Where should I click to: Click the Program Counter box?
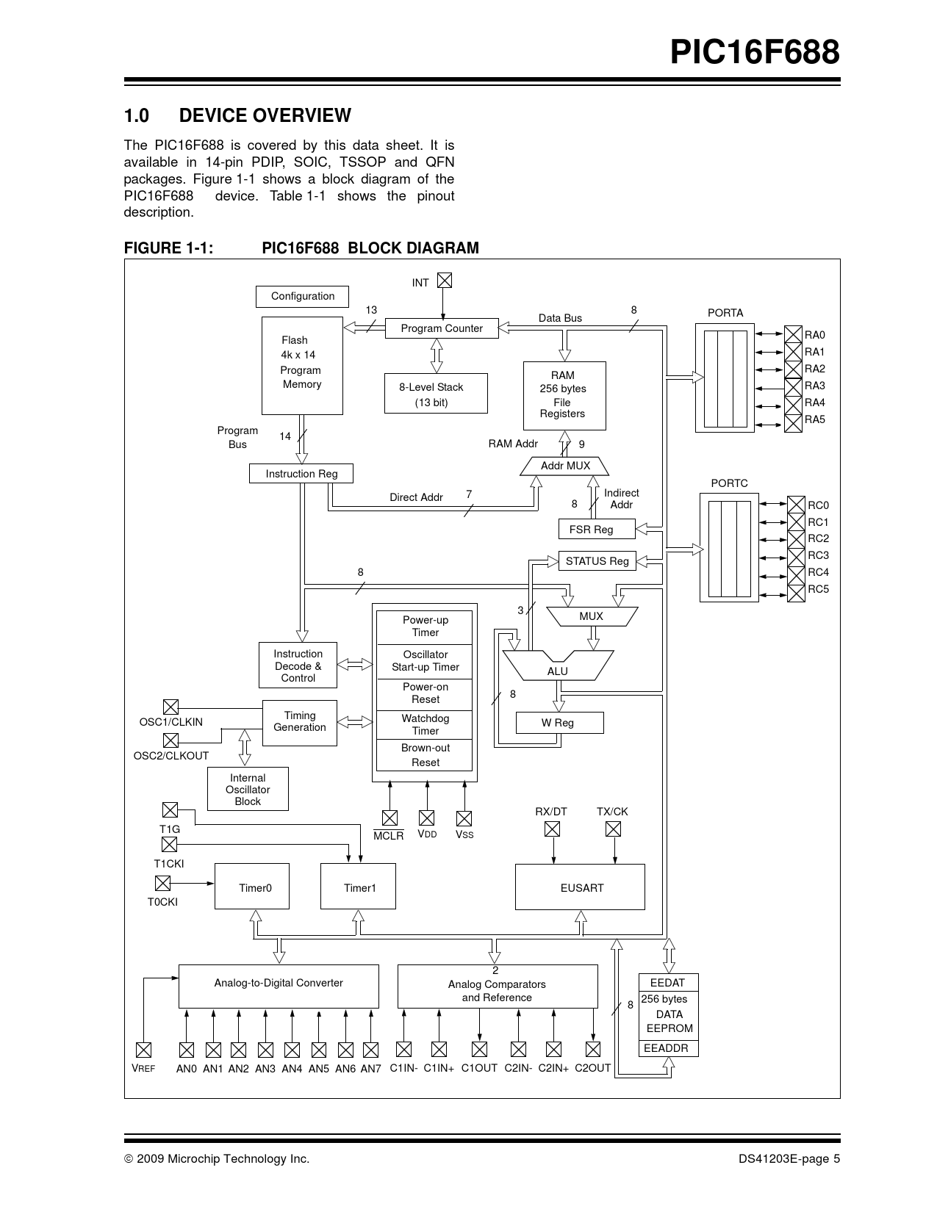442,328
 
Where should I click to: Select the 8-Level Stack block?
436,394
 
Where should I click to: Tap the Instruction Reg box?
301,474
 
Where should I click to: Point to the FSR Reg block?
597,529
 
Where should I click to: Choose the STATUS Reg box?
597,560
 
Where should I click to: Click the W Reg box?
560,723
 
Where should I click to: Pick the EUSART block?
580,887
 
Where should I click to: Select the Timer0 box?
252,887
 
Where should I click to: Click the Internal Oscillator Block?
248,789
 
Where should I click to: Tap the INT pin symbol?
444,280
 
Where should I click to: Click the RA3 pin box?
793,386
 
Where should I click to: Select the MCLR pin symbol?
389,818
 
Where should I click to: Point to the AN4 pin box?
292,1050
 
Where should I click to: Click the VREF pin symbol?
143,1050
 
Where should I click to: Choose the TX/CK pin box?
614,829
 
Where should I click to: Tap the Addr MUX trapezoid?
564,466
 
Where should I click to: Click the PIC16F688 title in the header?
755,52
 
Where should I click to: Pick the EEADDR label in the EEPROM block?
666,1048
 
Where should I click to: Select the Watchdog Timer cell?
425,724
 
